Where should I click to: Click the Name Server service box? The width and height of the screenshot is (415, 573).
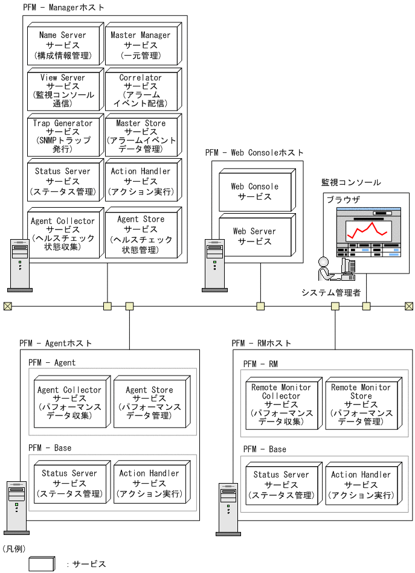63,45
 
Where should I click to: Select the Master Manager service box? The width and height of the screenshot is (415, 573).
141,45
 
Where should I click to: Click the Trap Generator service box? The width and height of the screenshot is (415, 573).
63,136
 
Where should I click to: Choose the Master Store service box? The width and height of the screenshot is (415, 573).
141,136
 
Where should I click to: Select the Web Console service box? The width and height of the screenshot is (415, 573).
254,191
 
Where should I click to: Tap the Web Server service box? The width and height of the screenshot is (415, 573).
254,236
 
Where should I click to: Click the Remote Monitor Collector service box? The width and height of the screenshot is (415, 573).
281,404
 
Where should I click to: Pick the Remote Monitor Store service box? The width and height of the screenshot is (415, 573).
361,404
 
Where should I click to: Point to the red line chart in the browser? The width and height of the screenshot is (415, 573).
366,230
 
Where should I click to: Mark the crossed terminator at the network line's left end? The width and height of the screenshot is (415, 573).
7,306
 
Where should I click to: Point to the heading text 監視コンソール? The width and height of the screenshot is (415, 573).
351,182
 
